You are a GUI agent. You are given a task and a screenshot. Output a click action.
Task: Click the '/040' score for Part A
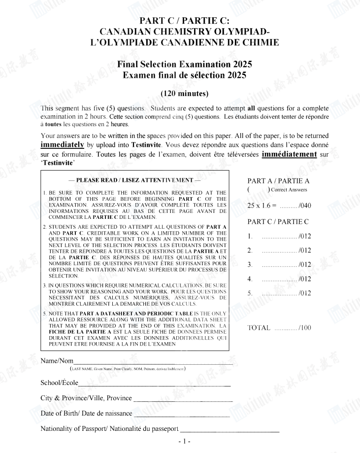[303, 206]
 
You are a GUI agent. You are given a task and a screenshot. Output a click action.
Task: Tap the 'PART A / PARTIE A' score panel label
[278, 180]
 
